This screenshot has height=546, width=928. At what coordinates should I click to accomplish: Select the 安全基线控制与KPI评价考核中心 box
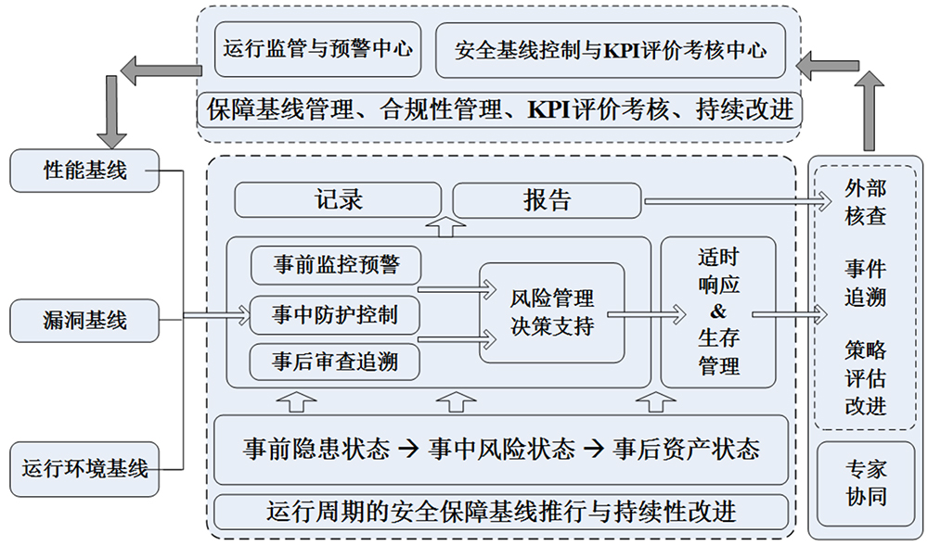click(x=611, y=49)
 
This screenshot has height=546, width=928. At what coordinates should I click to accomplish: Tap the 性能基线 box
click(x=85, y=171)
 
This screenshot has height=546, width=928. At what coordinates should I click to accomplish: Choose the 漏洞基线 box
click(x=85, y=321)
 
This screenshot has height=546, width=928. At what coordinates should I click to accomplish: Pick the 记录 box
click(x=338, y=199)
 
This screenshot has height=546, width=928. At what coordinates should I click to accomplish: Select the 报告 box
click(x=547, y=199)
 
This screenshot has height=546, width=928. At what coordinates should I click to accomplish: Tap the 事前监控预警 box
click(x=335, y=265)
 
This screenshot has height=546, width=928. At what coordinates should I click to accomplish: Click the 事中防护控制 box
click(x=335, y=315)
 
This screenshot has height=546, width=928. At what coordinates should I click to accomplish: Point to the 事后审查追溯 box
click(x=335, y=362)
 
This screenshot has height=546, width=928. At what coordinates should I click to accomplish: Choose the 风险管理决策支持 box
click(x=551, y=313)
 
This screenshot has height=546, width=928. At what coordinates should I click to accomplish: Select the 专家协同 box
click(x=865, y=483)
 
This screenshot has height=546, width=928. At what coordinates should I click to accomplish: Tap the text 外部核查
click(x=865, y=202)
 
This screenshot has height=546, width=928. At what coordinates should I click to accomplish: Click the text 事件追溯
click(x=865, y=283)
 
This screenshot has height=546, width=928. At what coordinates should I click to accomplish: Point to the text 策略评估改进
click(x=865, y=378)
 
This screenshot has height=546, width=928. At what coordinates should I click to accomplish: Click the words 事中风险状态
click(x=502, y=450)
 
